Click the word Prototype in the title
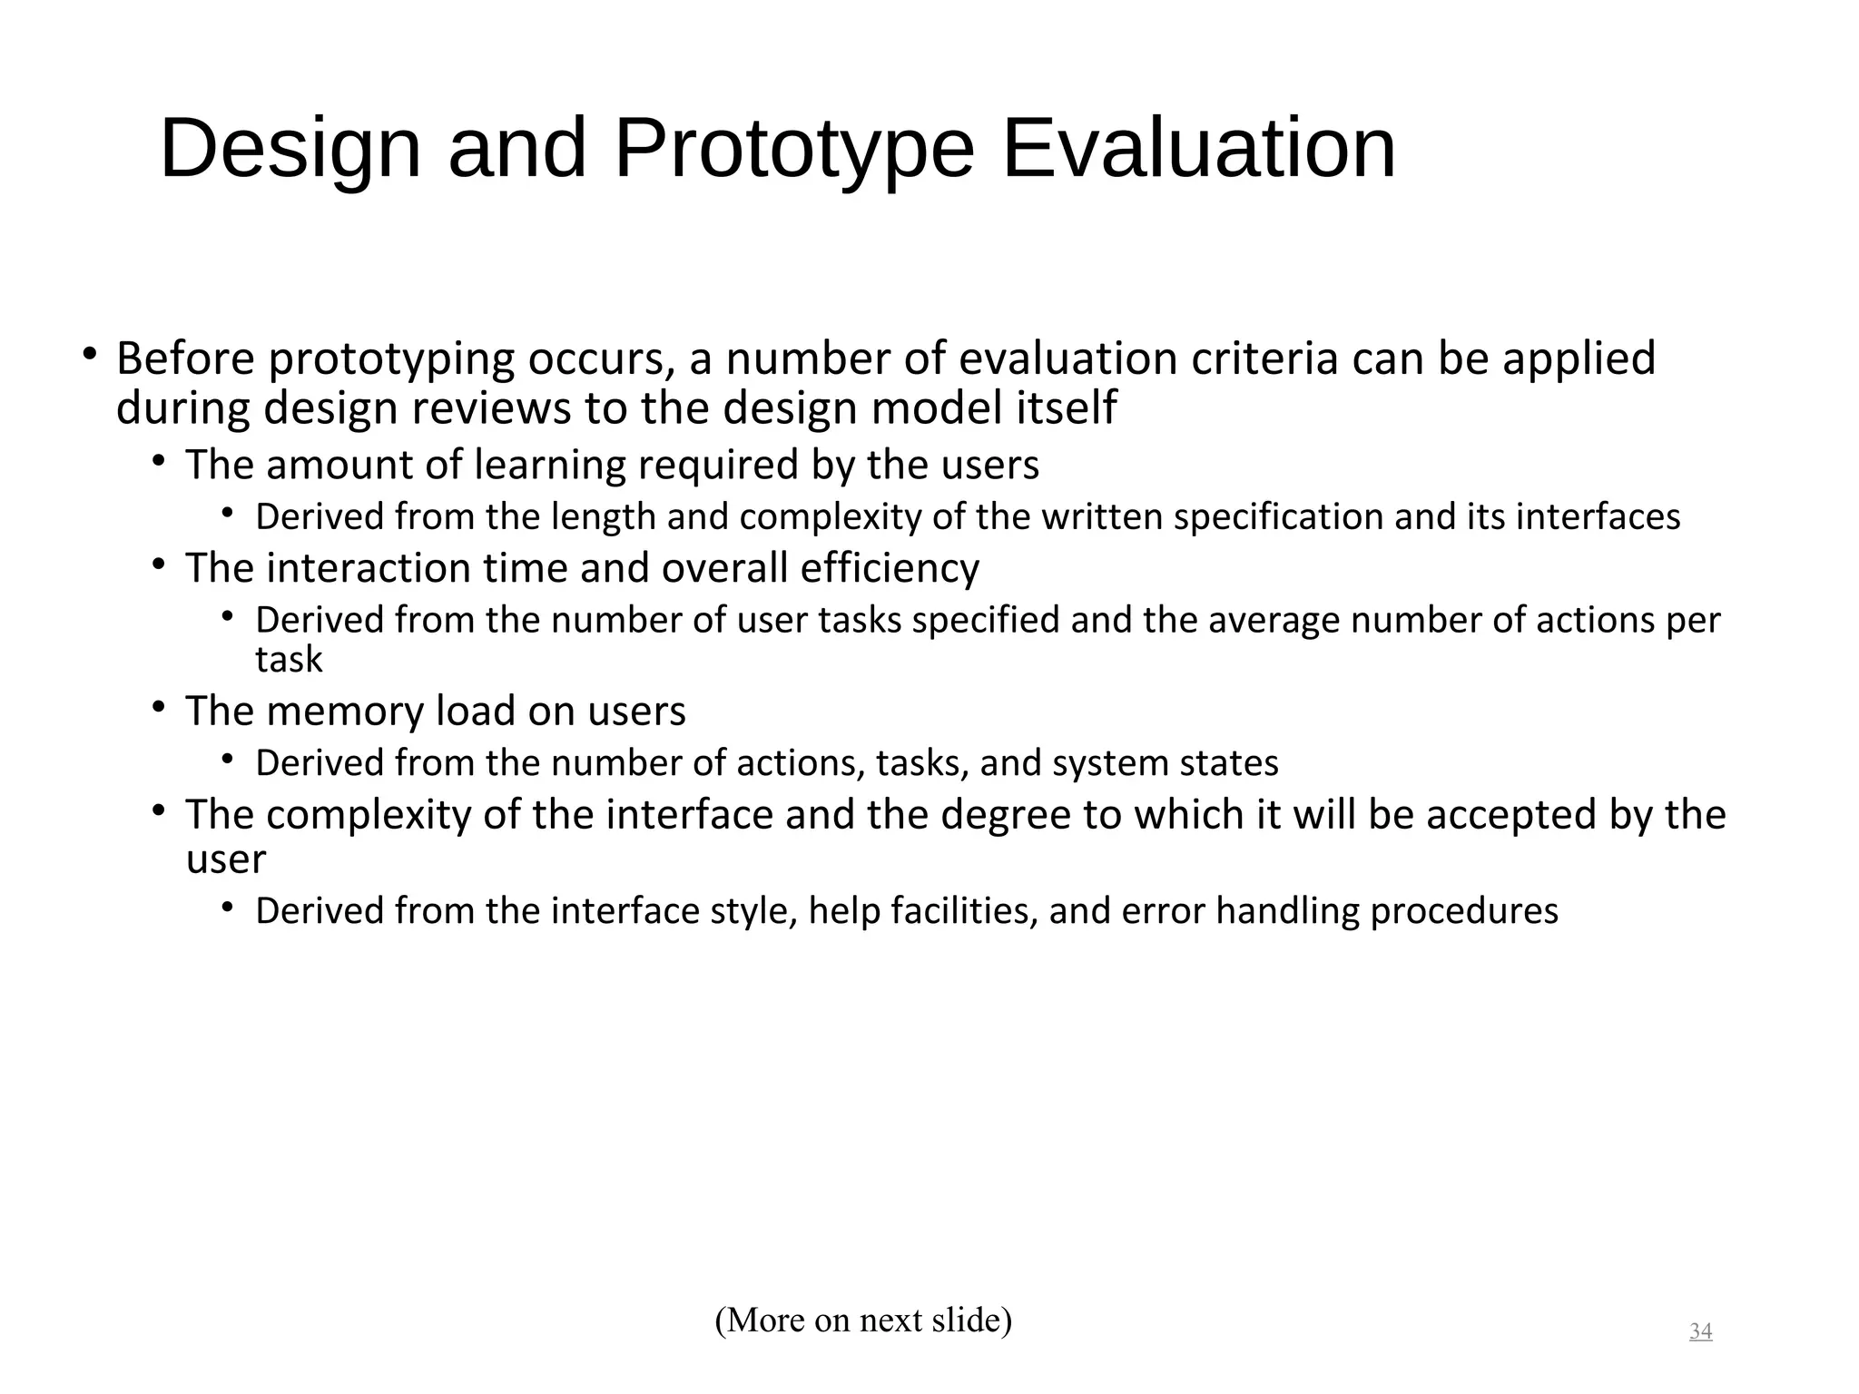[793, 150]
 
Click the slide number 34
[1700, 1331]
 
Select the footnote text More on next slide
[863, 1320]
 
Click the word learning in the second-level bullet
[550, 466]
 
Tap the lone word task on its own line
[289, 660]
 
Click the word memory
[345, 712]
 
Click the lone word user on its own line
[225, 860]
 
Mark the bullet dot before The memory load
[158, 706]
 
